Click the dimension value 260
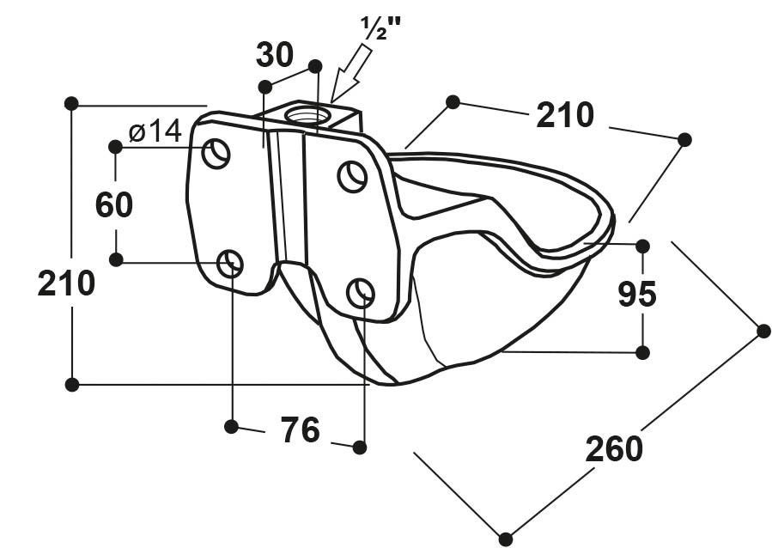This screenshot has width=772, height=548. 614,449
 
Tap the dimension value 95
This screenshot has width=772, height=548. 637,294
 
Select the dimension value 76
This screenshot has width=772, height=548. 301,429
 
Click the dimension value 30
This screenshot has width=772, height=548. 275,55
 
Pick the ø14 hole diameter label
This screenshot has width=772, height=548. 155,131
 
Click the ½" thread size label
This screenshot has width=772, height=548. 380,27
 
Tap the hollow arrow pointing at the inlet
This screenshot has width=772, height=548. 352,73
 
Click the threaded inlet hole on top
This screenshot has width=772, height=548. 307,116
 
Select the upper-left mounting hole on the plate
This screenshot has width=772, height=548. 216,153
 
